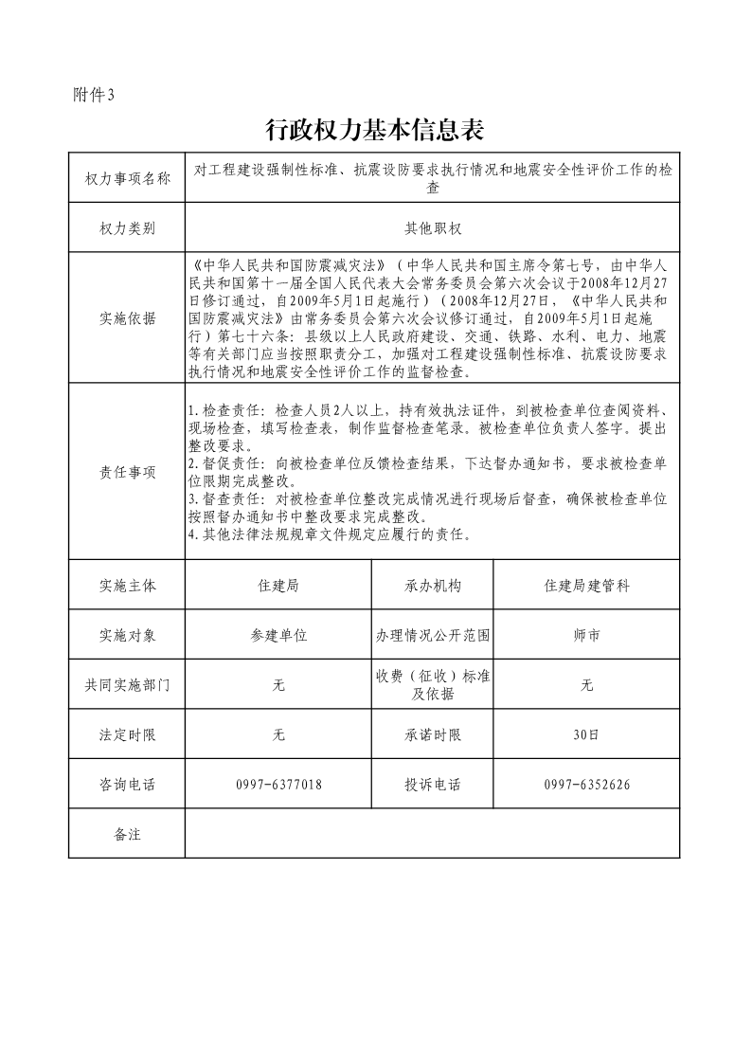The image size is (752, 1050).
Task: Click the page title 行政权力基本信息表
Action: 376,130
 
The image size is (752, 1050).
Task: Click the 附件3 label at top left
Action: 94,95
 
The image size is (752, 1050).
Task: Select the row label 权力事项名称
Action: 128,178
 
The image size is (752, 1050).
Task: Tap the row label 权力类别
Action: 128,228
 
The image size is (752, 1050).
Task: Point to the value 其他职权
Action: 432,228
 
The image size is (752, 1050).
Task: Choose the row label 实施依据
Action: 128,317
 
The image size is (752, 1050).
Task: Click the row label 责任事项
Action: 128,472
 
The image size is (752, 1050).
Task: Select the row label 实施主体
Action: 128,586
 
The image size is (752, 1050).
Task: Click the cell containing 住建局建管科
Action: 587,586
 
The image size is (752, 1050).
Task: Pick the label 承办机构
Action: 433,586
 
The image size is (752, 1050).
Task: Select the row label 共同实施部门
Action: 128,684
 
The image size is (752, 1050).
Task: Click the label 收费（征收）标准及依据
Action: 433,684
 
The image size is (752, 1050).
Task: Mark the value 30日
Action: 587,733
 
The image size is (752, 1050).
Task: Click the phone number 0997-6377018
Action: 278,784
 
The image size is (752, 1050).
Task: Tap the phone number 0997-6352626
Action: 587,784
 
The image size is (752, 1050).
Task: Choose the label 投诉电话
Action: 433,784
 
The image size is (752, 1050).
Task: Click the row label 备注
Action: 128,834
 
